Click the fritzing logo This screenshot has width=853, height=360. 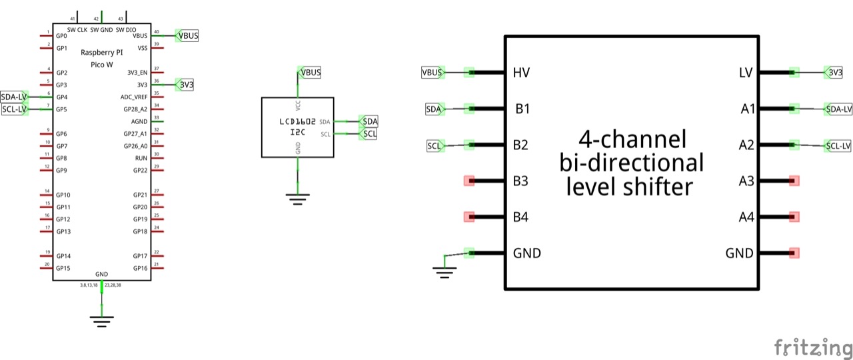(x=813, y=347)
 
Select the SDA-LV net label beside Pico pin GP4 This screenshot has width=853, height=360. (x=14, y=97)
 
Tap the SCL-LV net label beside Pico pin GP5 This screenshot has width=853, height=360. (x=14, y=109)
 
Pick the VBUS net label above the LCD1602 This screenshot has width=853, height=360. (x=310, y=73)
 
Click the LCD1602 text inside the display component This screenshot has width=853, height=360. (x=298, y=122)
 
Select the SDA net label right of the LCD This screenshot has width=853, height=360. (x=369, y=121)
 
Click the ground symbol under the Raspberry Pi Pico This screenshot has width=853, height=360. (x=101, y=321)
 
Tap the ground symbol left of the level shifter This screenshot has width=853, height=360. (x=444, y=270)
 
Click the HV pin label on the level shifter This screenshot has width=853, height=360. (x=522, y=72)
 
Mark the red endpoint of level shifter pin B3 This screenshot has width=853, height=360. (x=469, y=181)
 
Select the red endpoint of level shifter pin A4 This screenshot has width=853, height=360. (x=794, y=217)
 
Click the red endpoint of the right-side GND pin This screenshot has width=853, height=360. (x=794, y=253)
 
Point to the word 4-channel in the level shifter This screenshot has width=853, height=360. (x=632, y=139)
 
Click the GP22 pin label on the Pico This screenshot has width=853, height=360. (x=140, y=171)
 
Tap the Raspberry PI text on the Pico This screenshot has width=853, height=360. (x=101, y=53)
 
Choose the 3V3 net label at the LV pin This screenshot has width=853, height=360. (x=834, y=72)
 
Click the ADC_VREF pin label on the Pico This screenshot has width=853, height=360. (x=134, y=97)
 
